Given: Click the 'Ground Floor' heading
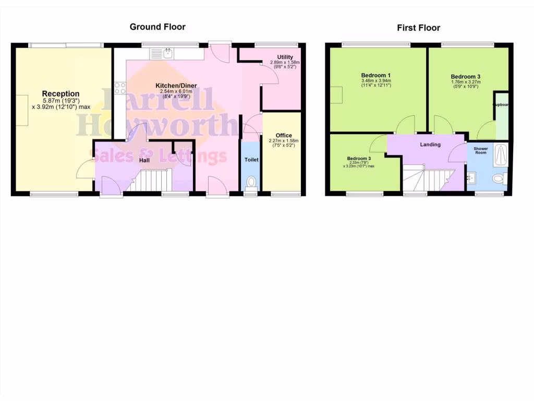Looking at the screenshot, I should (x=157, y=27).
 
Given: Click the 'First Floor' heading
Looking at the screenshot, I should (x=418, y=28).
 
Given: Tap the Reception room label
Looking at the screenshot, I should (x=61, y=94).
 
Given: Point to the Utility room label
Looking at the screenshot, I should (x=285, y=57).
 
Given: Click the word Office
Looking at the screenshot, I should (x=284, y=135).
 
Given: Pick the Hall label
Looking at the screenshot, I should (x=144, y=160).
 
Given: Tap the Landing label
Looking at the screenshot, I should (x=431, y=145).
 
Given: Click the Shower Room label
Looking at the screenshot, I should (x=481, y=151).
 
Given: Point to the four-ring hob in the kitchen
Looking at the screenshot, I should (x=120, y=88).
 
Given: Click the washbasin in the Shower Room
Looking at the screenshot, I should (x=472, y=178).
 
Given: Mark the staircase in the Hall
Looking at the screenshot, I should (x=151, y=181).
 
